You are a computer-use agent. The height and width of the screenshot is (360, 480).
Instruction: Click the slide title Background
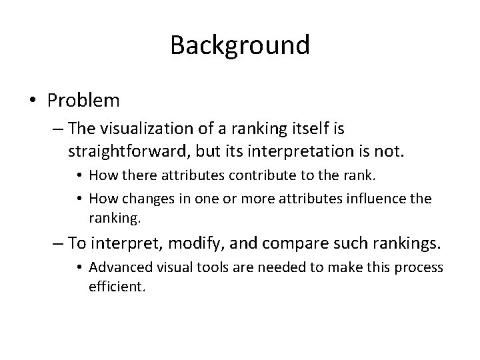[x=239, y=45]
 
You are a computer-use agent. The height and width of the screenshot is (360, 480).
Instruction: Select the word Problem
[x=83, y=101]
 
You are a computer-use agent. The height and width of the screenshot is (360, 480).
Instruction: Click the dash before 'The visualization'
[x=57, y=129]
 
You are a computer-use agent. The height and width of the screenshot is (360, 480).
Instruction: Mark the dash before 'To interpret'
[x=57, y=244]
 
